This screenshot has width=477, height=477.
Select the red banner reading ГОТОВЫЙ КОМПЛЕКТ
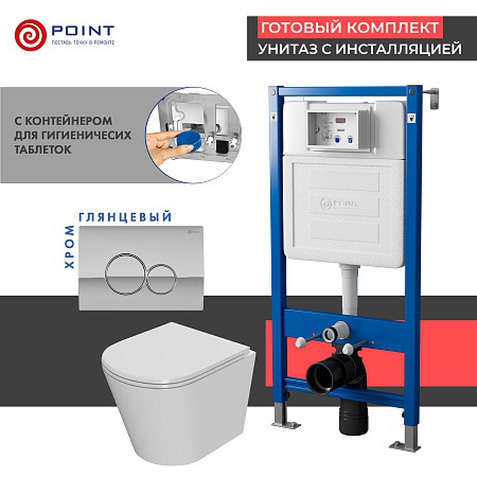349,28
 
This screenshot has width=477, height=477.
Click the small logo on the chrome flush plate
194,232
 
